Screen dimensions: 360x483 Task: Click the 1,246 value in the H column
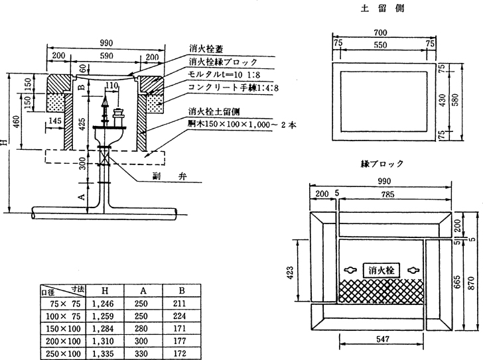pyautogui.click(x=105, y=302)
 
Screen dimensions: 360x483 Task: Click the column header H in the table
pyautogui.click(x=105, y=290)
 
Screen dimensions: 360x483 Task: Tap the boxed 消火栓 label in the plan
pyautogui.click(x=379, y=270)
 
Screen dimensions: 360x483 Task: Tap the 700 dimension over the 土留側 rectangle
pyautogui.click(x=380, y=32)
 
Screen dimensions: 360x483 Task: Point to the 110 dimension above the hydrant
pyautogui.click(x=111, y=86)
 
